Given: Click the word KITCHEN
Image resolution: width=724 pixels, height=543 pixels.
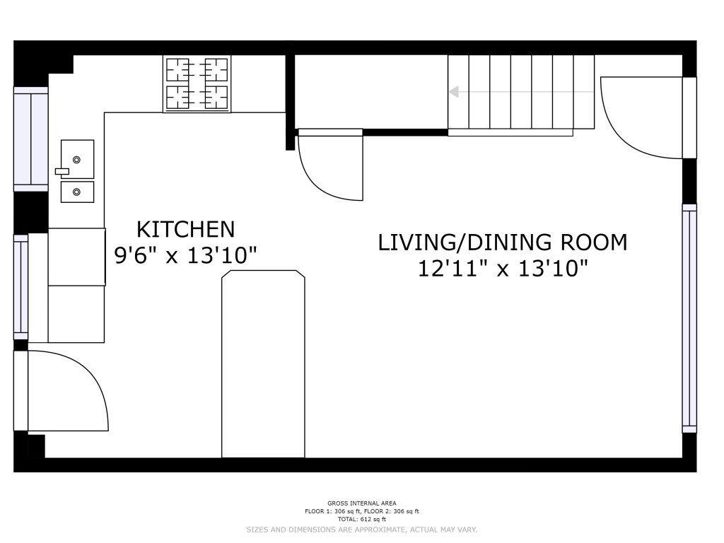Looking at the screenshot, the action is tap(186, 230).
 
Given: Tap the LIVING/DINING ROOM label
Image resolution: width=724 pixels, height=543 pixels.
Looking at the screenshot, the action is tap(503, 243).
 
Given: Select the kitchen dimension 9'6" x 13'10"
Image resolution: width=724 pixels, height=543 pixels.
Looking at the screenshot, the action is tap(186, 255).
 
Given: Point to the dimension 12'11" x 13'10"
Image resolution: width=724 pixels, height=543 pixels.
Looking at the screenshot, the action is tap(503, 269).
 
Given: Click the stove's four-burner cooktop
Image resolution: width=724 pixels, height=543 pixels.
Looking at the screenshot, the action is tap(197, 83).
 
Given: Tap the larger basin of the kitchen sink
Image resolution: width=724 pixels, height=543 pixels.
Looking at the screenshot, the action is tap(78, 159).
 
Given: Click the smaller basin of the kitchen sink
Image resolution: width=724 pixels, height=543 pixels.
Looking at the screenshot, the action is tap(78, 192).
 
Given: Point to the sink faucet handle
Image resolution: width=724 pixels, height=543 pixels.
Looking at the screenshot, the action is tap(62, 171).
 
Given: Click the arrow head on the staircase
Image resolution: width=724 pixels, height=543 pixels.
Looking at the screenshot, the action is tap(454, 91).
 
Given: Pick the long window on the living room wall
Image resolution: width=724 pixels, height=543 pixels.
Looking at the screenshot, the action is tap(689, 319).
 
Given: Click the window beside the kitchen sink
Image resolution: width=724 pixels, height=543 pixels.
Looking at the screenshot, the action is tap(31, 139).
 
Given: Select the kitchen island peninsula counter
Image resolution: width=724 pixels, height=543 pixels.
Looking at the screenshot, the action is tap(263, 364).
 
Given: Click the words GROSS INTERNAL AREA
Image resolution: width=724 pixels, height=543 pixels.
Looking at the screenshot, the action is tap(362, 503).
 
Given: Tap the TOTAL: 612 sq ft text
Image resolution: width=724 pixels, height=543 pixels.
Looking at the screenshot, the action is tap(362, 520).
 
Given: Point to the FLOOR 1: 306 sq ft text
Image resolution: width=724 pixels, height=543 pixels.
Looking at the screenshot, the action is tap(332, 512).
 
